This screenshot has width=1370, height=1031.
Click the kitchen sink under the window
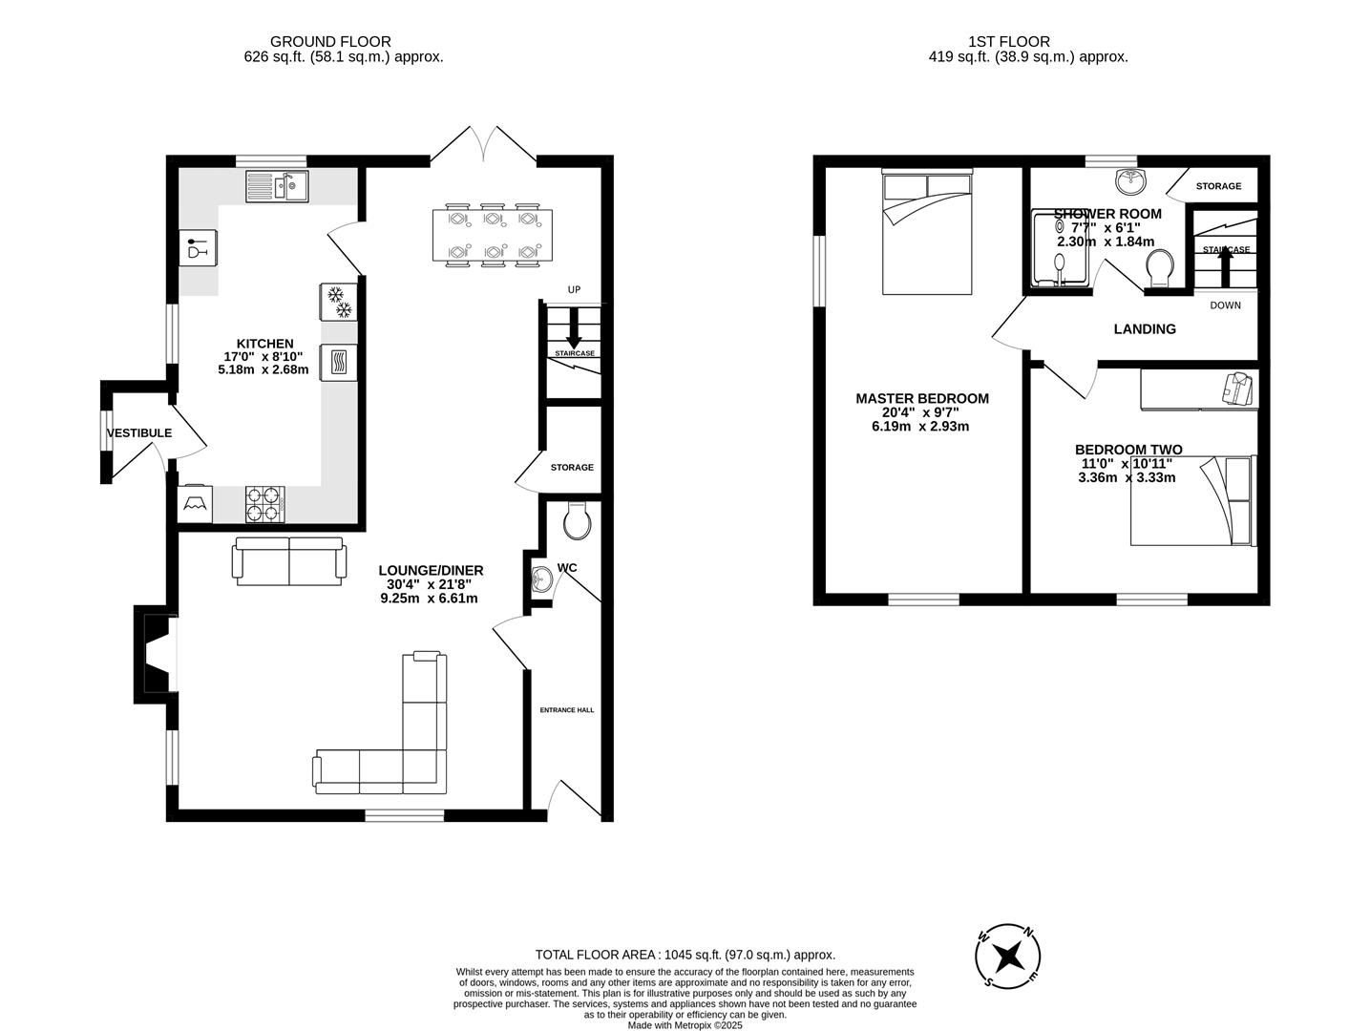point(277,185)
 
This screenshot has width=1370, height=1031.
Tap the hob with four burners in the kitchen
point(265,504)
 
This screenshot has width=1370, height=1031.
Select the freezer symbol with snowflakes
point(338,302)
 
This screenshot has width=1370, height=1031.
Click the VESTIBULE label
point(139,432)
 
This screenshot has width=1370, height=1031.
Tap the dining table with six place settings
point(492,235)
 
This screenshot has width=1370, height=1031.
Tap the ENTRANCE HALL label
point(567,710)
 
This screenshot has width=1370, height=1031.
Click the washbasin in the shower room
point(1131,179)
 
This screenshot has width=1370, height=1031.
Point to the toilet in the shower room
point(1160,268)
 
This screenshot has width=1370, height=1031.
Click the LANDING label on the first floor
point(1145,329)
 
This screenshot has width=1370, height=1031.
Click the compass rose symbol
point(1007,956)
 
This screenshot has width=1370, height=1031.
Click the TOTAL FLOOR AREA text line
point(685,955)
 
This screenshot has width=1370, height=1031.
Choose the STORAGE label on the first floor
point(1218,186)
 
